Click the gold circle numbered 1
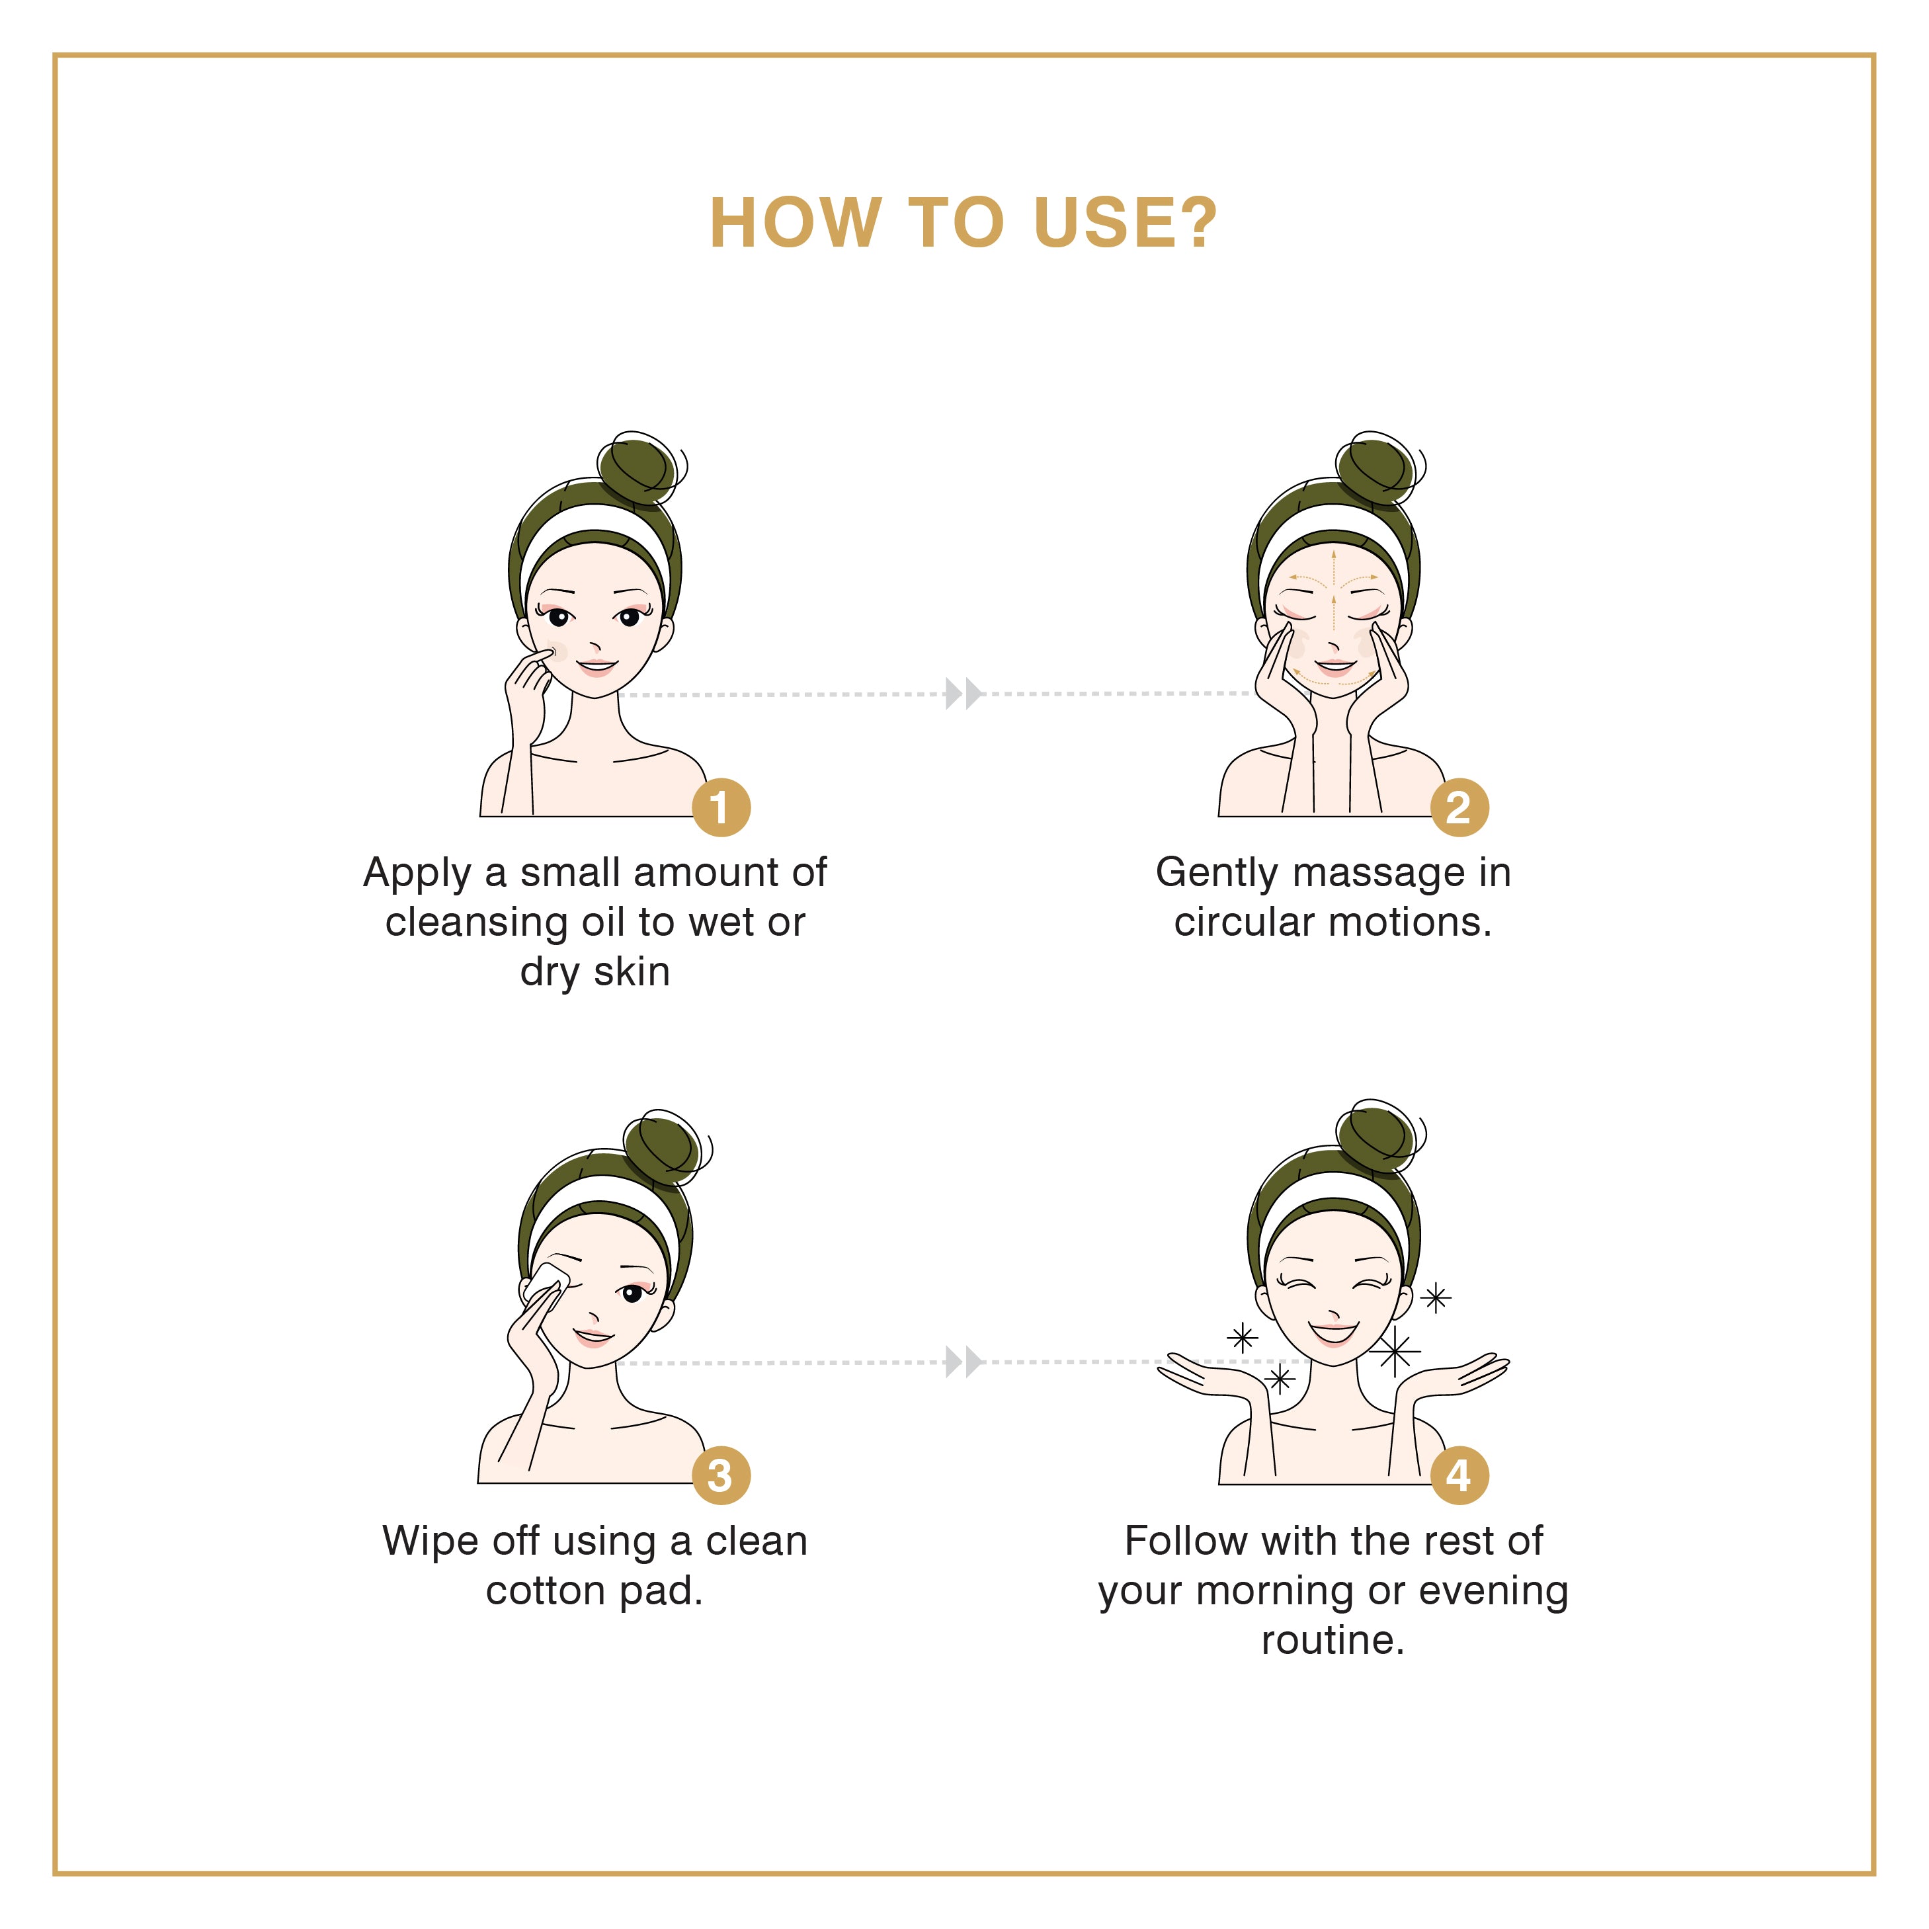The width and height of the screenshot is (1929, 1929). (x=721, y=807)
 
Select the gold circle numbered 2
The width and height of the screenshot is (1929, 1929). (x=1459, y=807)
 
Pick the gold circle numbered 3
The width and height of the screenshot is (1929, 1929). (x=721, y=1475)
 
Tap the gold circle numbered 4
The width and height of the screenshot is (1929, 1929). (x=1459, y=1475)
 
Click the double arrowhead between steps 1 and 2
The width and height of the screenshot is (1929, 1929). (x=964, y=693)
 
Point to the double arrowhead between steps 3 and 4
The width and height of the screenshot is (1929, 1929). (x=964, y=1361)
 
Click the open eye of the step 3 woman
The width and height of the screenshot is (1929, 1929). (x=632, y=1294)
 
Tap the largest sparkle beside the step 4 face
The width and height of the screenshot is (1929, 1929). (x=1395, y=1352)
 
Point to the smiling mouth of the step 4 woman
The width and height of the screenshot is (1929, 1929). (x=1334, y=1333)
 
